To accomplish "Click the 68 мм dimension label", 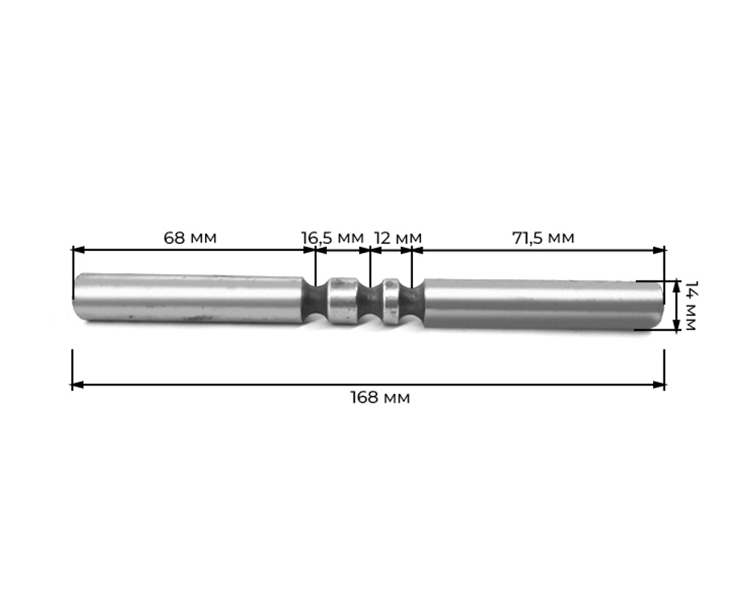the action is pos(190,238).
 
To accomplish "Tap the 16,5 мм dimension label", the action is pos(333,238).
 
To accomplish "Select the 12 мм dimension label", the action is pos(398,238).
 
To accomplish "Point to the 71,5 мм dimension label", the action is pos(543,238).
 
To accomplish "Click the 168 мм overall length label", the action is pos(380,397).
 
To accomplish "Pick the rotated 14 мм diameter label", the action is pos(690,305).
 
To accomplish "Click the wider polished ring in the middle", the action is pos(342,301).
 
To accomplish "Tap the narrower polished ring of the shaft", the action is pos(392,302).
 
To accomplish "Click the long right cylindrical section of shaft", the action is pos(543,305).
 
